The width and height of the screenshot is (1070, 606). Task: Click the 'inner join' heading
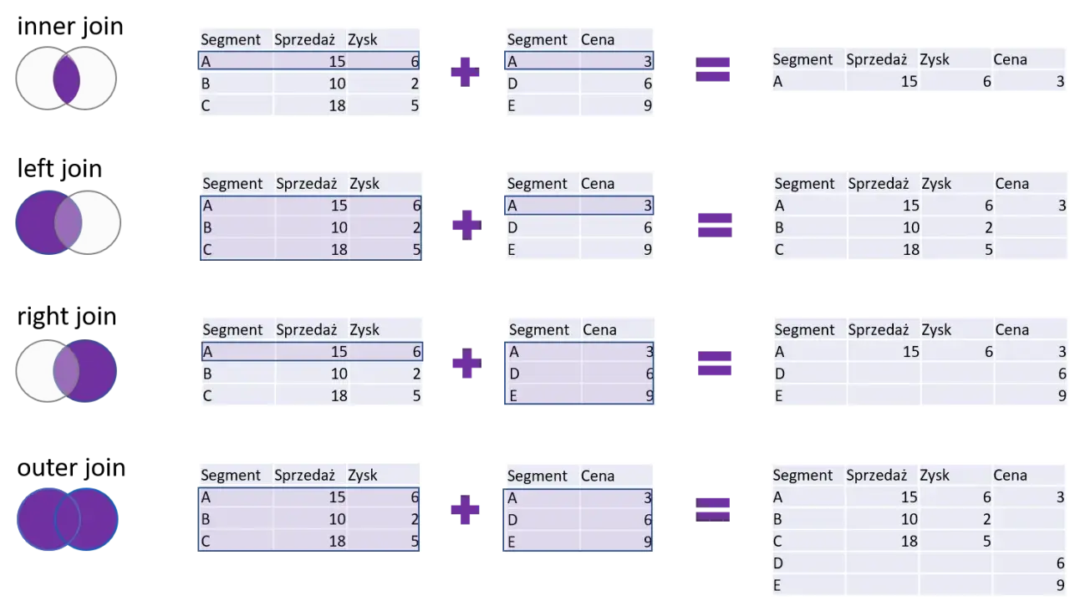click(x=70, y=26)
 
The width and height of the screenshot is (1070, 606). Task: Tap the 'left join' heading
click(x=59, y=169)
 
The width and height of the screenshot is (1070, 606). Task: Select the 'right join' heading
click(x=67, y=317)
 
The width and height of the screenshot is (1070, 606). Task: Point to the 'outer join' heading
click(x=71, y=467)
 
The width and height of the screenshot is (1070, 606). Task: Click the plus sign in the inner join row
click(x=466, y=72)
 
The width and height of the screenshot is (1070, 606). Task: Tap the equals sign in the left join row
click(x=715, y=225)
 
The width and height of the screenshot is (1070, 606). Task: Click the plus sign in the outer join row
click(x=466, y=510)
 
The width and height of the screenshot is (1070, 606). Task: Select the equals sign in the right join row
click(x=715, y=364)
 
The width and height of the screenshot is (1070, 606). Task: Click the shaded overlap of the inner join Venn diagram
click(x=66, y=79)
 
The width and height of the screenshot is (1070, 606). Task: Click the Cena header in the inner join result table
click(x=1010, y=59)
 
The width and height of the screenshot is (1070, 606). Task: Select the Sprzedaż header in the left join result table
click(x=878, y=184)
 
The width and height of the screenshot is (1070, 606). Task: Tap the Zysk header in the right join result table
click(x=936, y=330)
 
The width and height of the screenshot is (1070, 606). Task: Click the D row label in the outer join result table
click(x=778, y=563)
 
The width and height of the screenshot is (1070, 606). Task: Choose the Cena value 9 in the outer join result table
click(x=1060, y=585)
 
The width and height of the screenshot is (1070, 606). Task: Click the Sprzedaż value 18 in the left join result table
click(x=910, y=250)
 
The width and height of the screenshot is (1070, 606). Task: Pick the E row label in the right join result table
click(x=778, y=396)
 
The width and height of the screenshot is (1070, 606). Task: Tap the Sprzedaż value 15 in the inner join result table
click(x=909, y=82)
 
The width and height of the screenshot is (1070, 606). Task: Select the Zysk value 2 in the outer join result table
click(x=987, y=520)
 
